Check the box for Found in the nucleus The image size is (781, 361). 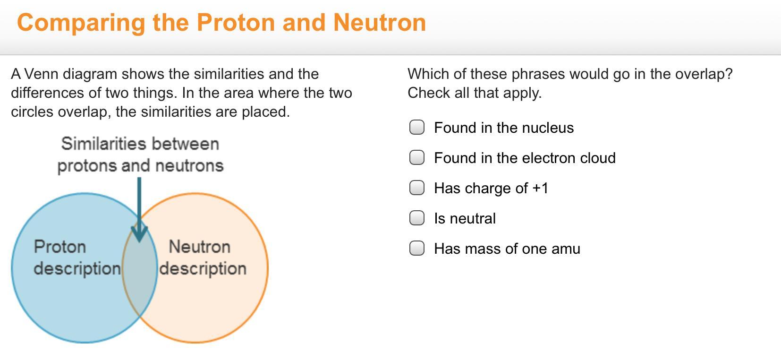416,127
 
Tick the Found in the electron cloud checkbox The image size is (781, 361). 416,158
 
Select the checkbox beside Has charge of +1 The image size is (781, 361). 416,188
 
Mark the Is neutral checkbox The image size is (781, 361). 416,218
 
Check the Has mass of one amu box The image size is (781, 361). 416,249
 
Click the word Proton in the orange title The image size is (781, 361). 236,23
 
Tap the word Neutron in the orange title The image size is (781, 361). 380,23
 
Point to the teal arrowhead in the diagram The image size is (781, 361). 139,234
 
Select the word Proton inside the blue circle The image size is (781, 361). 60,247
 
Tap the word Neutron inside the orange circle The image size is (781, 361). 200,247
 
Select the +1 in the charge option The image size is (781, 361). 541,189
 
